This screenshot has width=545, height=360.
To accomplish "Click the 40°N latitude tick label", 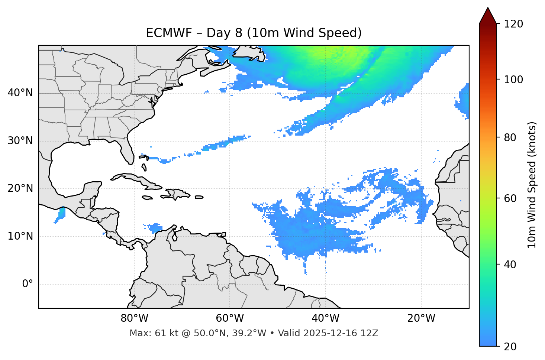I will point(20,93).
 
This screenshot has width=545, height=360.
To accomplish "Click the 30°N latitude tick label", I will point(20,141).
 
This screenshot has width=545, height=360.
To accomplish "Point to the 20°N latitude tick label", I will point(20,188).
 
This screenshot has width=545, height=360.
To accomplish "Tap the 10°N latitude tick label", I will point(20,236).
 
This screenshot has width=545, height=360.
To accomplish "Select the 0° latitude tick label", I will point(27,284).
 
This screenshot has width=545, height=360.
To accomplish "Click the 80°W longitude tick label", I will point(134,318).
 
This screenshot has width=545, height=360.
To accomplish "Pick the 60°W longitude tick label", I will point(230,318).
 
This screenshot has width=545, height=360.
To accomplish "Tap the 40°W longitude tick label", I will point(326,318).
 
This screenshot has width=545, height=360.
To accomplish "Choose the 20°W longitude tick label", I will point(421,318).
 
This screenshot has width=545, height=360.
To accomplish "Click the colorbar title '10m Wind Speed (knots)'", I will point(532,185).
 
